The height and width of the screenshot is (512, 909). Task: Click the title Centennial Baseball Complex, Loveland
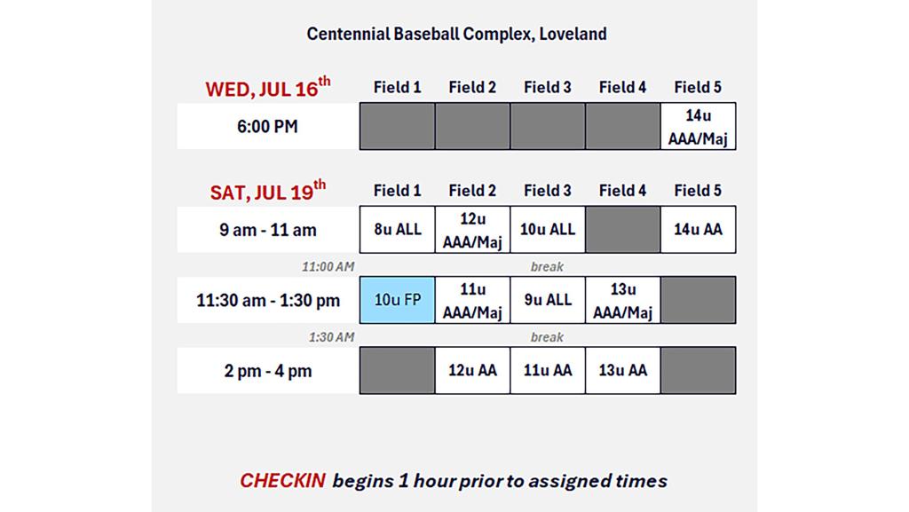457,35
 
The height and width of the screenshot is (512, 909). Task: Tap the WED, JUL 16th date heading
268,88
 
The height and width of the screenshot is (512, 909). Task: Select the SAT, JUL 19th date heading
268,191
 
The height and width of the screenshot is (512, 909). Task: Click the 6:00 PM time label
267,126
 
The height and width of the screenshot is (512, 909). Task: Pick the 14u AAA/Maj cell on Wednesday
698,126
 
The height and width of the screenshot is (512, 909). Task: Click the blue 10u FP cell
397,300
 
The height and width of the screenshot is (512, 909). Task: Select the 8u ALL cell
397,229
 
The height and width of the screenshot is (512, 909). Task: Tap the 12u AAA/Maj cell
472,229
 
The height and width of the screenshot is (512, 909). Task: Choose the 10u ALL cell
548,229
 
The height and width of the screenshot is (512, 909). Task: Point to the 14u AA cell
698,229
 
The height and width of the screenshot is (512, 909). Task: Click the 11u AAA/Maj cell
472,300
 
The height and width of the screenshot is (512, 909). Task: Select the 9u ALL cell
548,300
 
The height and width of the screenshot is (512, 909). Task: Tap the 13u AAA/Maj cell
622,300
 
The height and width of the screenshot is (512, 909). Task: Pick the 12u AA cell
472,371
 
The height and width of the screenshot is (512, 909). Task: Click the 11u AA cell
548,371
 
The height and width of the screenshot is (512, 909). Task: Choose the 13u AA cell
622,371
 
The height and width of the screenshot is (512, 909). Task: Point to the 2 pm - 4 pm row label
268,371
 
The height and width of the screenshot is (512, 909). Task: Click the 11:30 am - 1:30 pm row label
268,301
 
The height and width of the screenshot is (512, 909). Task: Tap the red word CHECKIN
283,481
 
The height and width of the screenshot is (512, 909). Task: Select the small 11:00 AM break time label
328,266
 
